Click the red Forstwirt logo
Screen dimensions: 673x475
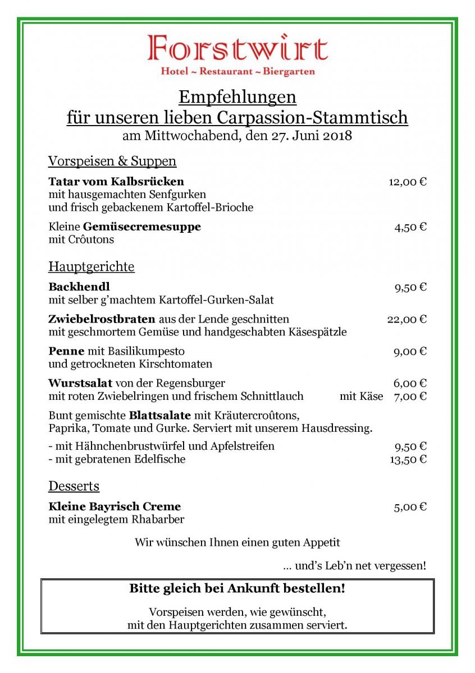click(237, 49)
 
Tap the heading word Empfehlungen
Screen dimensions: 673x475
click(237, 97)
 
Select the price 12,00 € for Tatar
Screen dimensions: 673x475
click(408, 182)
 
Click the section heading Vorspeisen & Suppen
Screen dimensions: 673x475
click(112, 162)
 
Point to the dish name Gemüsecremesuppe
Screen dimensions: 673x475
click(142, 227)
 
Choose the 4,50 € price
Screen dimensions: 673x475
click(410, 227)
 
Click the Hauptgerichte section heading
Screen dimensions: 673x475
click(92, 266)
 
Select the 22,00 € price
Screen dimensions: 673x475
click(407, 319)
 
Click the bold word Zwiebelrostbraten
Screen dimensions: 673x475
click(102, 319)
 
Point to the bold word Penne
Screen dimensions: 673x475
click(66, 351)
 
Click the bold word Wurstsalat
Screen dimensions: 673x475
click(80, 383)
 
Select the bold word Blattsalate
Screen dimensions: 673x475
click(160, 416)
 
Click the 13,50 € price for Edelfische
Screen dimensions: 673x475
click(408, 459)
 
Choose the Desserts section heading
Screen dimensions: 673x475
click(74, 486)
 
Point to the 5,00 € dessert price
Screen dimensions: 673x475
click(410, 507)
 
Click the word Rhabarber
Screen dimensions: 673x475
click(158, 519)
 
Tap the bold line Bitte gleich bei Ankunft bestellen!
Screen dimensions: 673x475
click(237, 589)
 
